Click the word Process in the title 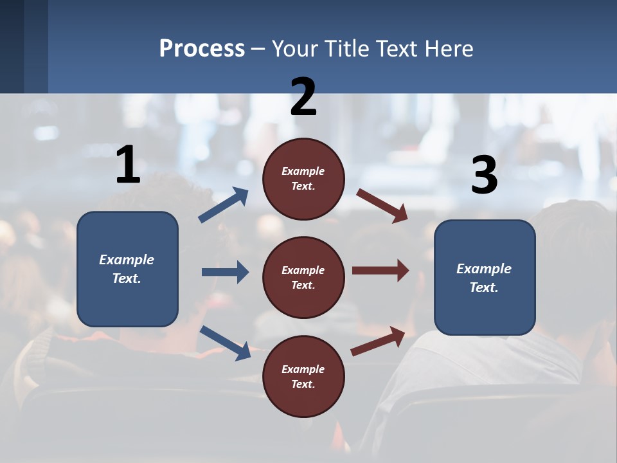(x=202, y=49)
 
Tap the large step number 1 (x=128, y=165)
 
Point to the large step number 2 (x=303, y=97)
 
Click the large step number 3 (x=484, y=176)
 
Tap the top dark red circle (x=303, y=179)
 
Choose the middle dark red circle (x=303, y=277)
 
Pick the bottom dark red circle (x=303, y=376)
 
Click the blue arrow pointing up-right (x=224, y=205)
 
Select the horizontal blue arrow (x=225, y=272)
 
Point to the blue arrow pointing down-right (x=225, y=343)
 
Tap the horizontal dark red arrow (x=380, y=270)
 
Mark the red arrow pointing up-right (x=379, y=341)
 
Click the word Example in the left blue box (x=127, y=260)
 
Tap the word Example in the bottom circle (x=303, y=369)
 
